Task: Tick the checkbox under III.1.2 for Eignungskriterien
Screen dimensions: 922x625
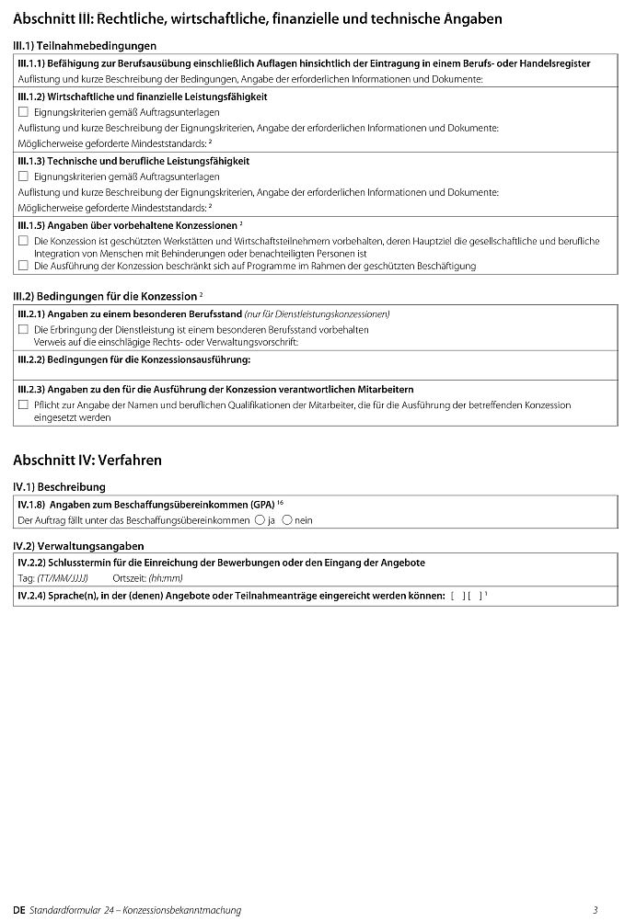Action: point(23,111)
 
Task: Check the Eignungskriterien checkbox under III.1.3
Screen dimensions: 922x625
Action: point(23,176)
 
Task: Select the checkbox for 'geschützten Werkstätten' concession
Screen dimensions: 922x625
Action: point(23,240)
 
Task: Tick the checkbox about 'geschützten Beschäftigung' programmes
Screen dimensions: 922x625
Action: point(23,266)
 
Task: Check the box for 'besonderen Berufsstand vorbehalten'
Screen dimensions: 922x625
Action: point(23,328)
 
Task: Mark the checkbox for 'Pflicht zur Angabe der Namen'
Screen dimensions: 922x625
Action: point(23,404)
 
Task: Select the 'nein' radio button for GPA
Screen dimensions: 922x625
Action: point(287,519)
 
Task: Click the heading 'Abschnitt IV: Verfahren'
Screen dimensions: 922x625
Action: point(87,460)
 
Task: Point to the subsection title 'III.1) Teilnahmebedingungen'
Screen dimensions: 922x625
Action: point(85,45)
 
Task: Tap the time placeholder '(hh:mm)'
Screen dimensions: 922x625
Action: point(166,577)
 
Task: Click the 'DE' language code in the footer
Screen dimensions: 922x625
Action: point(19,910)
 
